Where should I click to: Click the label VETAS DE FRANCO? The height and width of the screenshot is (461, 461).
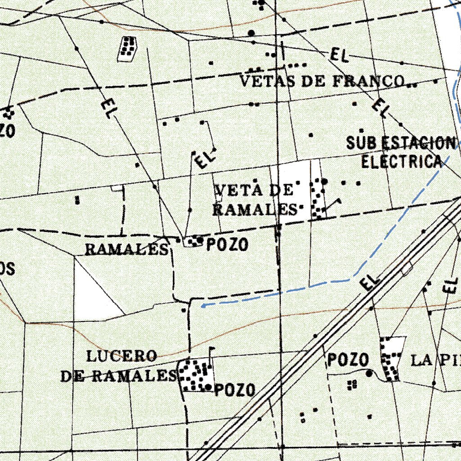click(x=321, y=81)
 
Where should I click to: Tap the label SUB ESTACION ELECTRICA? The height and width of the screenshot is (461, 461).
click(x=401, y=152)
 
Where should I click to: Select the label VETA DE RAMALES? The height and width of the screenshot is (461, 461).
click(x=254, y=199)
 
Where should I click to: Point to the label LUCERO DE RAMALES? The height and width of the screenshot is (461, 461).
click(x=119, y=366)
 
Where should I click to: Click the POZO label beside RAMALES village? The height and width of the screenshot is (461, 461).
click(x=227, y=245)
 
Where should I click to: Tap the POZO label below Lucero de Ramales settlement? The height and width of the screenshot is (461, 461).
click(x=235, y=390)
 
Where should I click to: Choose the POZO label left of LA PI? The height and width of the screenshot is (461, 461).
click(x=348, y=360)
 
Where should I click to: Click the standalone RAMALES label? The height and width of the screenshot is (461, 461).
click(x=127, y=249)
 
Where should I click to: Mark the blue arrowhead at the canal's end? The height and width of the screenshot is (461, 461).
click(x=203, y=306)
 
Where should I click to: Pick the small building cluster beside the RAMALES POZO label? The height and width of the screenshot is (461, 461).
click(x=194, y=241)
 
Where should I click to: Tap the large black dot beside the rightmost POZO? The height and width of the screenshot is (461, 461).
click(x=370, y=373)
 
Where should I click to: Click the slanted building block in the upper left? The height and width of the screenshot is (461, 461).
click(x=127, y=49)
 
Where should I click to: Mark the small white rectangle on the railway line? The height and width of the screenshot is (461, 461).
click(x=407, y=269)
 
